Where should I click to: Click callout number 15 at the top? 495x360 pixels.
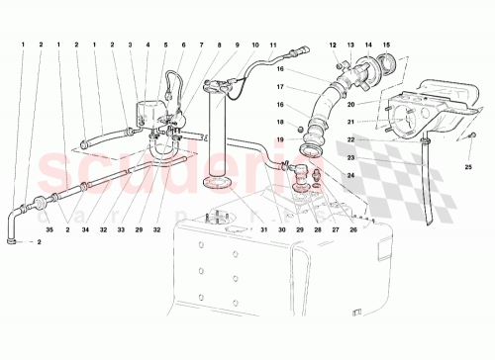click(x=388, y=45)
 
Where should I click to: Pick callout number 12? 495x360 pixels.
click(x=334, y=45)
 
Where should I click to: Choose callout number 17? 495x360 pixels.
click(x=281, y=88)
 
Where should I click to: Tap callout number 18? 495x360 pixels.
click(x=280, y=122)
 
